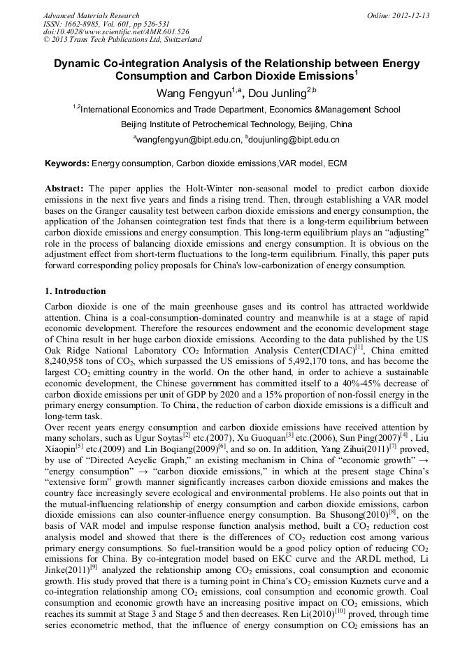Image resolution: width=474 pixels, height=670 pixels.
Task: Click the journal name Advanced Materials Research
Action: tap(91, 15)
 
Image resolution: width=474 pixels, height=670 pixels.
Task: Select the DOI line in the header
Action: tap(116, 31)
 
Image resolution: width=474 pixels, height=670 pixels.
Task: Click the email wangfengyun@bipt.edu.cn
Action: tap(189, 140)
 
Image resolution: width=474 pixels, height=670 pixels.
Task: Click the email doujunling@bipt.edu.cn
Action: tap(296, 140)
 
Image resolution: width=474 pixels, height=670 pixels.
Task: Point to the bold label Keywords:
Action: tap(67, 163)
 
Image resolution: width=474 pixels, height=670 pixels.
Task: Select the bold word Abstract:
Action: tap(64, 189)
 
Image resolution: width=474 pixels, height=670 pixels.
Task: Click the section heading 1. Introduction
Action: tap(76, 291)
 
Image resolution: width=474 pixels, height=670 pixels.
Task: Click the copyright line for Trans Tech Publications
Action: tap(122, 40)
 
